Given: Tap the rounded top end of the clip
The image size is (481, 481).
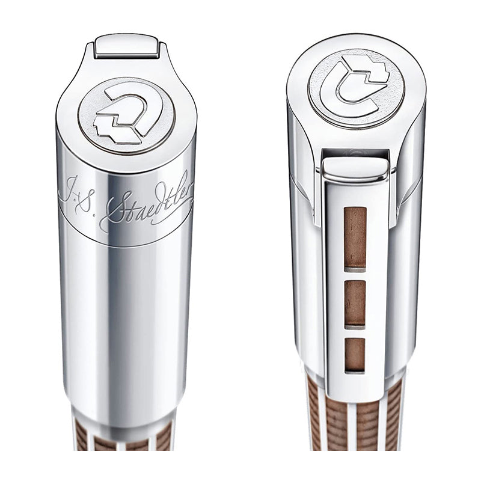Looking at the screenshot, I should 354,167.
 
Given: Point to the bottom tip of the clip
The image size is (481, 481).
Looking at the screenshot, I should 355,385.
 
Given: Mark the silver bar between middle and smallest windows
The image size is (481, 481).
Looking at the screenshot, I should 355,331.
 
